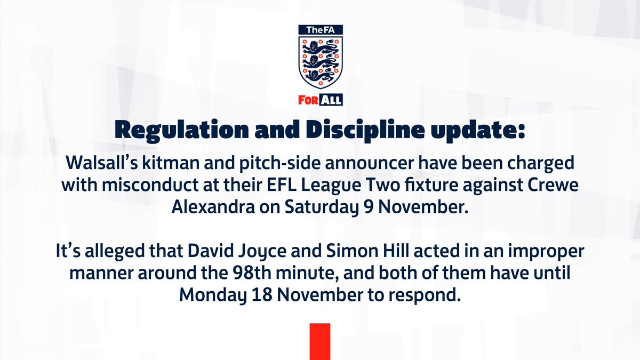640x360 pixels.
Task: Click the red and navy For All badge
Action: click(320, 99)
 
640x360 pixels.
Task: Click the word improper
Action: click(527, 252)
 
